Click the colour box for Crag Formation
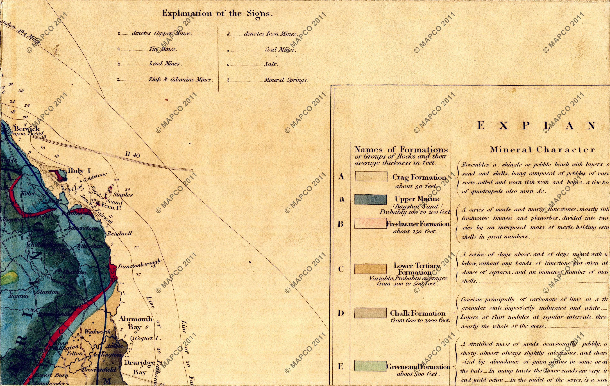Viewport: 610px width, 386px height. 371,176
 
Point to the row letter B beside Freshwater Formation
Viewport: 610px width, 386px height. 341,224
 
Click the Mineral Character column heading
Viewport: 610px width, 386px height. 542,150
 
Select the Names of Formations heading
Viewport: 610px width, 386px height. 401,149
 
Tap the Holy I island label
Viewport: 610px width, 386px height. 79,170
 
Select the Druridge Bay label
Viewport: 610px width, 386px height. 139,367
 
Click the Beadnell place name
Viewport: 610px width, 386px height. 119,233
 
